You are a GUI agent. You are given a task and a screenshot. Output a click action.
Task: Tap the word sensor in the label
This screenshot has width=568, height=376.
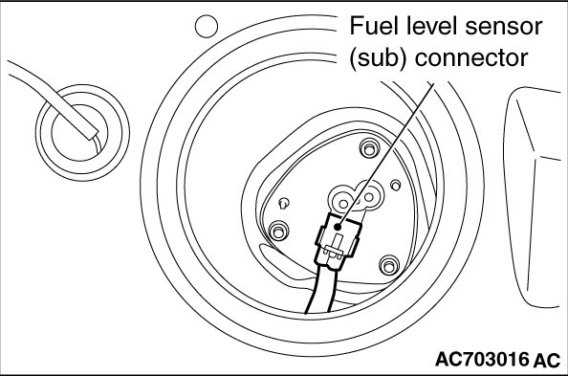(504, 28)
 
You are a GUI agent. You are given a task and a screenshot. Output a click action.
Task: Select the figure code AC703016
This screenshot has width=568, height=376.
(482, 360)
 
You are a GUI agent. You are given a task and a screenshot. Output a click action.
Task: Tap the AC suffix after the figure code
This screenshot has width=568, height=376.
(546, 361)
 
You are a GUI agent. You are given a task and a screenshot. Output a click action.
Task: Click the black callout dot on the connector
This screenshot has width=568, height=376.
(338, 228)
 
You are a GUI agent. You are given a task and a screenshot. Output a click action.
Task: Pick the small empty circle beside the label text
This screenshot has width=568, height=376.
(207, 26)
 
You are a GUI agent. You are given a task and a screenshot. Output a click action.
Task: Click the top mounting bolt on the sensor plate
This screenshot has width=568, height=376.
(369, 148)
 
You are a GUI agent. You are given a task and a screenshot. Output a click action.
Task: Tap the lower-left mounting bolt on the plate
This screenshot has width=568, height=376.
(278, 231)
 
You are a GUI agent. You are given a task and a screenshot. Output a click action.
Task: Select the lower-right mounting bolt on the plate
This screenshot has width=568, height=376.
(389, 266)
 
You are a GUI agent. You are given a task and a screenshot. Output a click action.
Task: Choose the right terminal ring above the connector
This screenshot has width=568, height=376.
(369, 196)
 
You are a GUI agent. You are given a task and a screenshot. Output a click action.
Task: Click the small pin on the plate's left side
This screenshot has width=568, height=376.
(284, 203)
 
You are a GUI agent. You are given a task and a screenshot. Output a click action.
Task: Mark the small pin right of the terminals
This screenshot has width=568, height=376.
(396, 186)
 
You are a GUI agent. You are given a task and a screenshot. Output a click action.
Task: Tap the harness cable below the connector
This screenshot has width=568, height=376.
(321, 290)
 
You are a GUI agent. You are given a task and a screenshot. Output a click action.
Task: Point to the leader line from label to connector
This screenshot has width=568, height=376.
(385, 155)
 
